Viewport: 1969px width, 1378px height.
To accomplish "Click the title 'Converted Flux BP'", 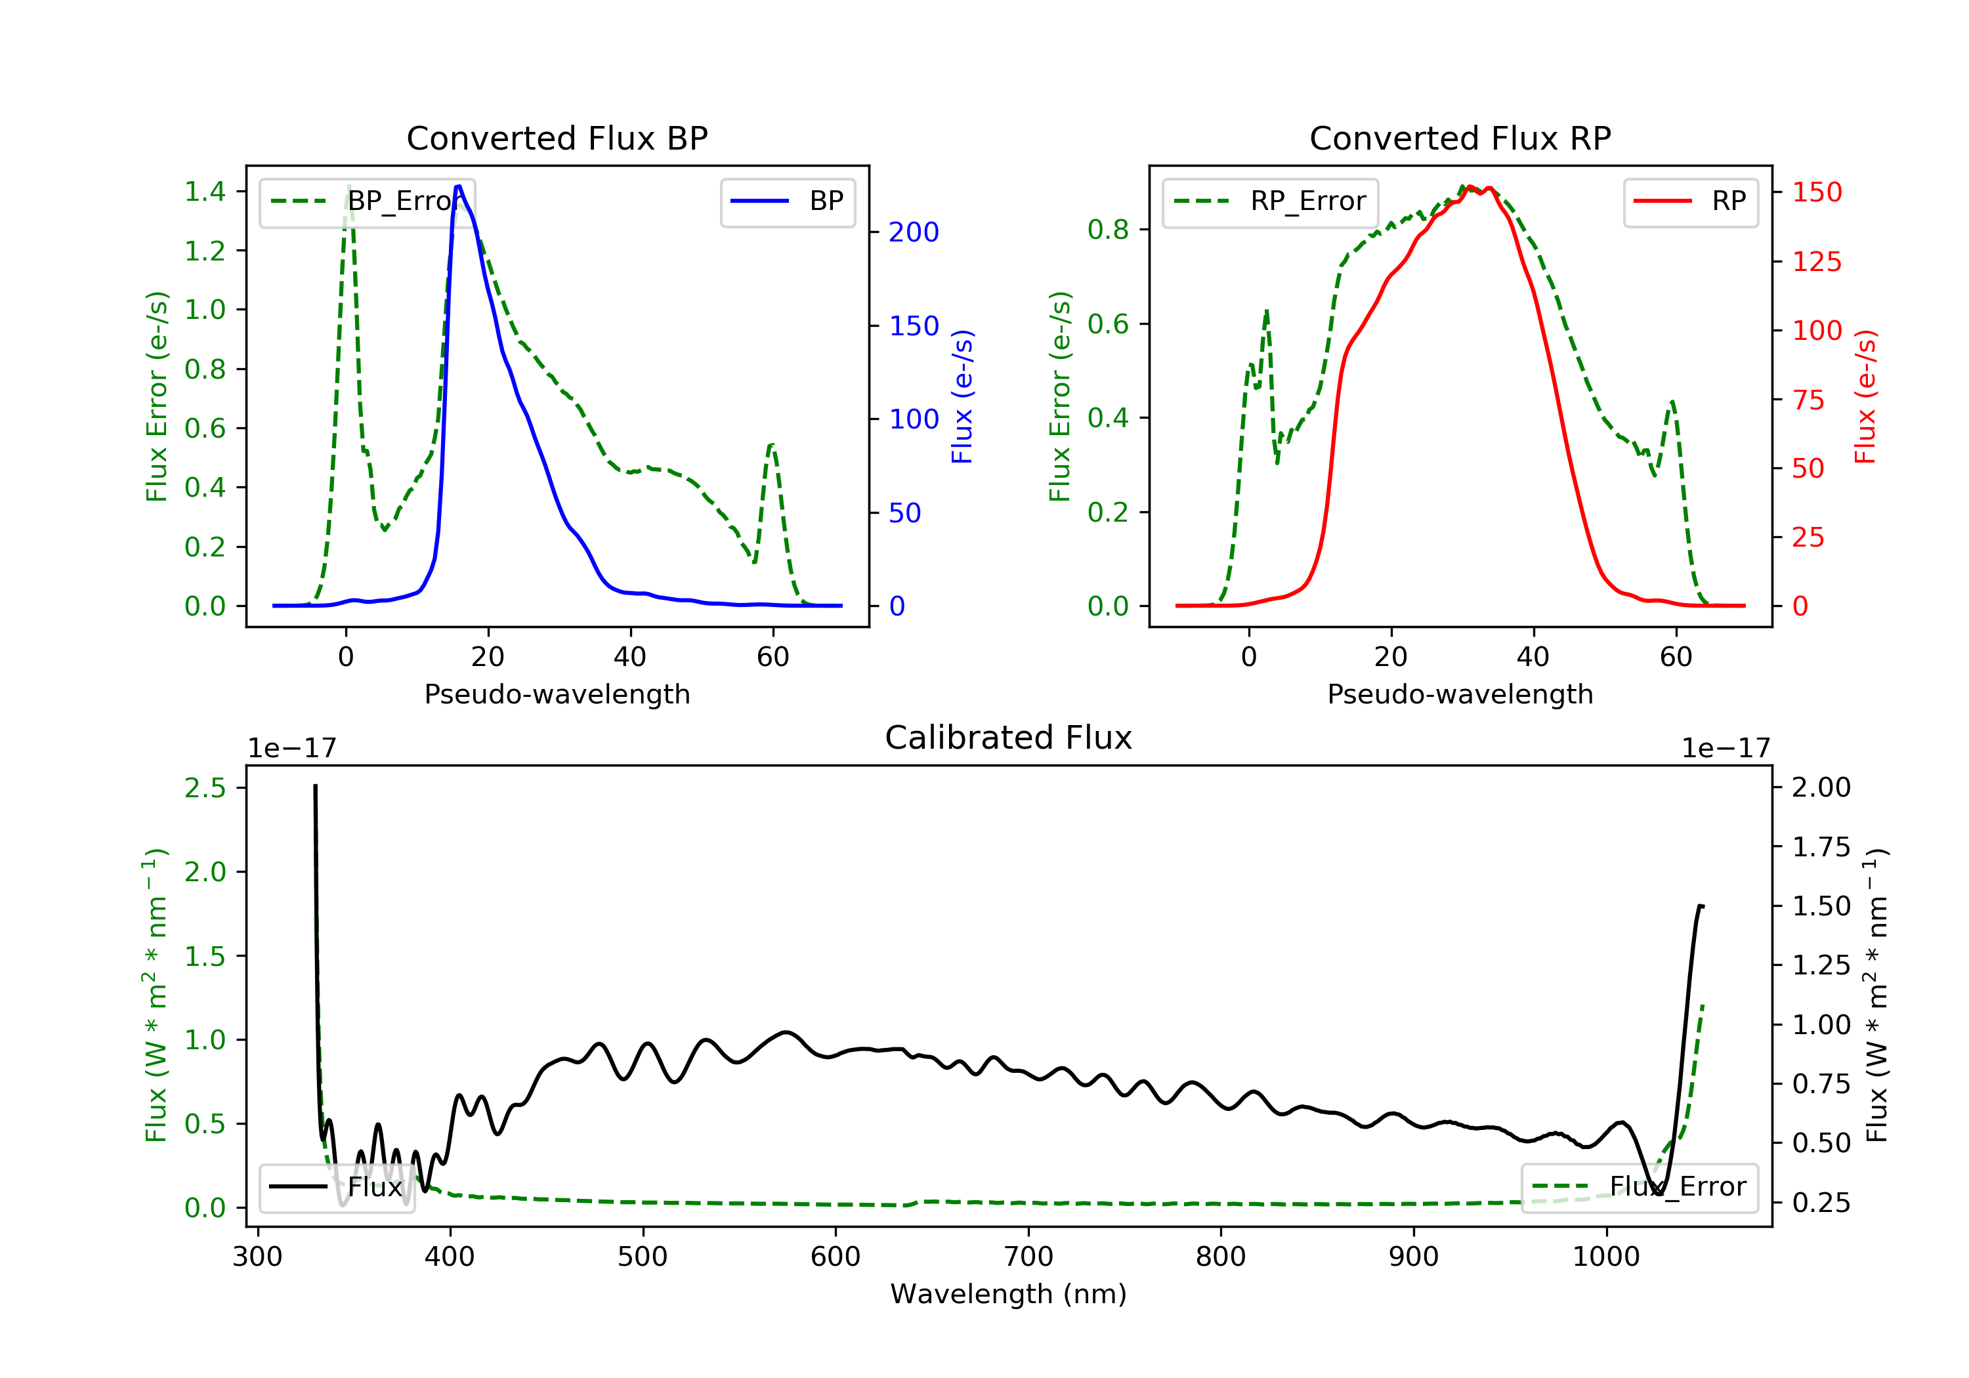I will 557,138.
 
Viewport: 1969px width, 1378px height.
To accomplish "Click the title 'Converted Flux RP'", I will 1460,138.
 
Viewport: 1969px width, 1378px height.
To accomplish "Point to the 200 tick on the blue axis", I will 914,232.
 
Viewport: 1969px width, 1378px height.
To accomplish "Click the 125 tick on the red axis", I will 1816,262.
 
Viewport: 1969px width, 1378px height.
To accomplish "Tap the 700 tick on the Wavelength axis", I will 1028,1257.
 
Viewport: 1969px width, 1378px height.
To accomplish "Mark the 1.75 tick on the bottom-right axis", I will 1821,847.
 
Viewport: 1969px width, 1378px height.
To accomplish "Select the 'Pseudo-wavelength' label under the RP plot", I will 1460,694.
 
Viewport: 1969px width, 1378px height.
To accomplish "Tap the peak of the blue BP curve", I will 459,186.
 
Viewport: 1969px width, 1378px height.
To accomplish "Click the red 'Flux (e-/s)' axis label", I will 1865,397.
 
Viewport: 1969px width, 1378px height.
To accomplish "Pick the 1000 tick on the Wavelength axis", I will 1605,1257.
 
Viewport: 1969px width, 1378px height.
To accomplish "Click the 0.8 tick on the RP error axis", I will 1108,230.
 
